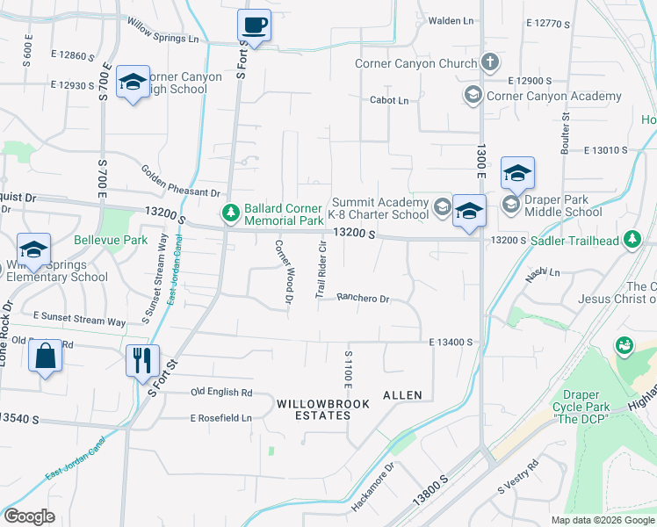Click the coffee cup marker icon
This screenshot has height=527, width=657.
(x=254, y=25)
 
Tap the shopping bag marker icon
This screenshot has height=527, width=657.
(x=45, y=357)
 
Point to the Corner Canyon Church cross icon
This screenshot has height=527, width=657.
(x=489, y=63)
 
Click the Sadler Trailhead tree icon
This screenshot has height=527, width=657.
(x=632, y=239)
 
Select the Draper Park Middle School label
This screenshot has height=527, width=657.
(x=563, y=206)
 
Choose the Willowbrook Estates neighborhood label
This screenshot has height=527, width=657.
(x=314, y=408)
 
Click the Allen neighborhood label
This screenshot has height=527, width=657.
(x=401, y=395)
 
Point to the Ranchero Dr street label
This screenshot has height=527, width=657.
(x=363, y=299)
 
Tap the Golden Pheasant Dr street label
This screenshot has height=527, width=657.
(x=180, y=180)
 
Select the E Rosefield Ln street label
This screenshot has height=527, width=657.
(x=221, y=418)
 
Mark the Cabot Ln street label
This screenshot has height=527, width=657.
(x=389, y=101)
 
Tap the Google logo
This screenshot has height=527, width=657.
(x=29, y=516)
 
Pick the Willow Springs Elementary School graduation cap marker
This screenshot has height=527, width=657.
(x=33, y=250)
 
